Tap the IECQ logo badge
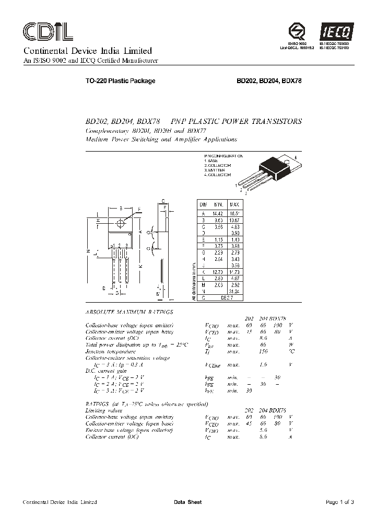(x=338, y=32)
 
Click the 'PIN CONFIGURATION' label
(x=223, y=156)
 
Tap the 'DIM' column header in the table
(x=203, y=204)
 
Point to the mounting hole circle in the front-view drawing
(x=121, y=223)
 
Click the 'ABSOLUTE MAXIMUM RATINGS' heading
(x=128, y=312)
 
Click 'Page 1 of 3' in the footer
(x=339, y=502)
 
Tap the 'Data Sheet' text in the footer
(x=187, y=502)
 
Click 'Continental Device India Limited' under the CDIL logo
(x=87, y=51)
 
